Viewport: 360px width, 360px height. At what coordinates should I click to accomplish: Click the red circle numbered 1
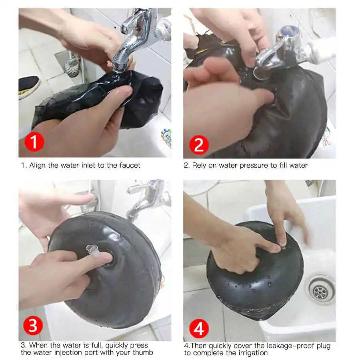pos(34,142)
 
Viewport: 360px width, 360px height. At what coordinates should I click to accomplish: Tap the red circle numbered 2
pos(199,145)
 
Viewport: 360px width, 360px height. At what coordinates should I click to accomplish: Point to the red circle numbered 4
pos(199,328)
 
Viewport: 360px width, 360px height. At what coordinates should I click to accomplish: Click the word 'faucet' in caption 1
pos(130,165)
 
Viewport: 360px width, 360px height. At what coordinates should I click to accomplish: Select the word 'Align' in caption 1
pos(38,166)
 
